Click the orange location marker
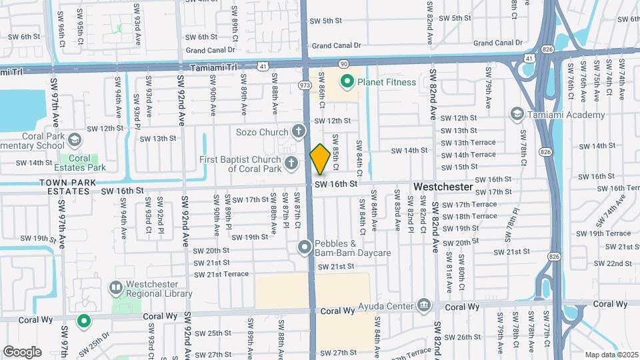tap(320, 159)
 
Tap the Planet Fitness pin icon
tap(347, 83)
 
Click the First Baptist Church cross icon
tap(291, 162)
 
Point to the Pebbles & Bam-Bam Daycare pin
tap(305, 248)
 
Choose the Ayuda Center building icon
tap(423, 307)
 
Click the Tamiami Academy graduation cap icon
tap(516, 115)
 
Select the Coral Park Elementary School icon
tap(74, 140)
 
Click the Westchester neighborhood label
tap(443, 188)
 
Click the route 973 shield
tap(305, 85)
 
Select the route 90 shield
tap(343, 63)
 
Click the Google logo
tap(22, 351)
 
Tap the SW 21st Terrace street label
tap(221, 274)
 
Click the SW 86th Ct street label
tap(321, 91)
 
